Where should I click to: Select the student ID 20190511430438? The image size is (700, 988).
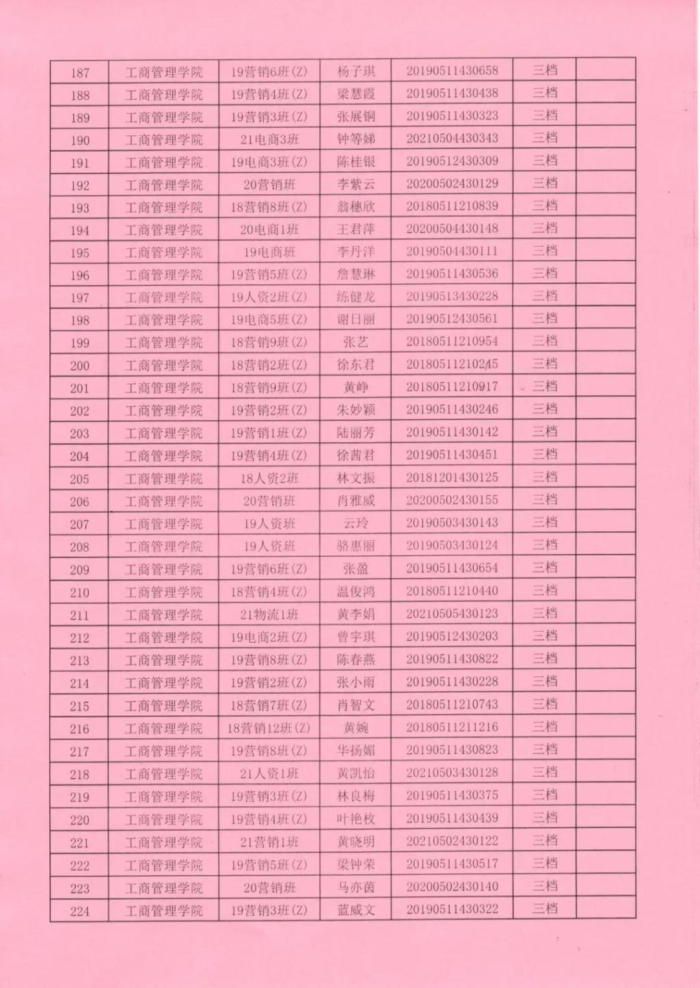tap(452, 93)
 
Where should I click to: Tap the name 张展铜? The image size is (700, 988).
tap(355, 116)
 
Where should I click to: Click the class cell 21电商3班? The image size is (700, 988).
tap(269, 139)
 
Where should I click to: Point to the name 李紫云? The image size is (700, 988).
tap(355, 184)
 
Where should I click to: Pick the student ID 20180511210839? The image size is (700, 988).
tap(452, 206)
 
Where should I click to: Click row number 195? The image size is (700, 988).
tap(80, 253)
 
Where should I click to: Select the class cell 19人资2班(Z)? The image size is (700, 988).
tap(269, 297)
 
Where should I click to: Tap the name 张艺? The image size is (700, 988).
tap(355, 342)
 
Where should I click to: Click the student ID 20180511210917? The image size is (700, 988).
tap(452, 386)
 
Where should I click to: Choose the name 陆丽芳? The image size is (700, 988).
tap(355, 433)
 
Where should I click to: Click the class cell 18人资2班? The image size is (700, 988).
tap(269, 478)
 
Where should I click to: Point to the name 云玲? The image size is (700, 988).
tap(355, 523)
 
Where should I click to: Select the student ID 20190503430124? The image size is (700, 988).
tap(452, 545)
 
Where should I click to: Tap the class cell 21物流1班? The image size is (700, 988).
tap(269, 615)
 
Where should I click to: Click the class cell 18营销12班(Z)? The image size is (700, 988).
tap(269, 728)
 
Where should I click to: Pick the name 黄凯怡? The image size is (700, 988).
tap(355, 773)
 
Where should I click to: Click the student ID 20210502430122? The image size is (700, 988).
tap(452, 840)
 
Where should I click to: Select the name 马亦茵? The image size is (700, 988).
tap(355, 887)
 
